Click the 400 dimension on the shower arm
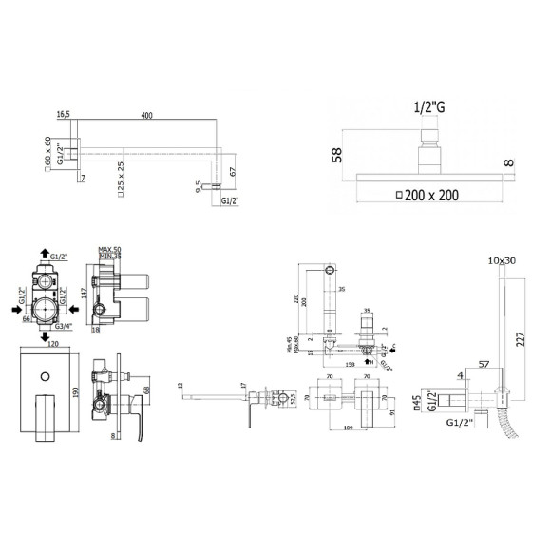(x=146, y=115)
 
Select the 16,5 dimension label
(x=64, y=115)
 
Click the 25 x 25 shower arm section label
(x=122, y=172)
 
